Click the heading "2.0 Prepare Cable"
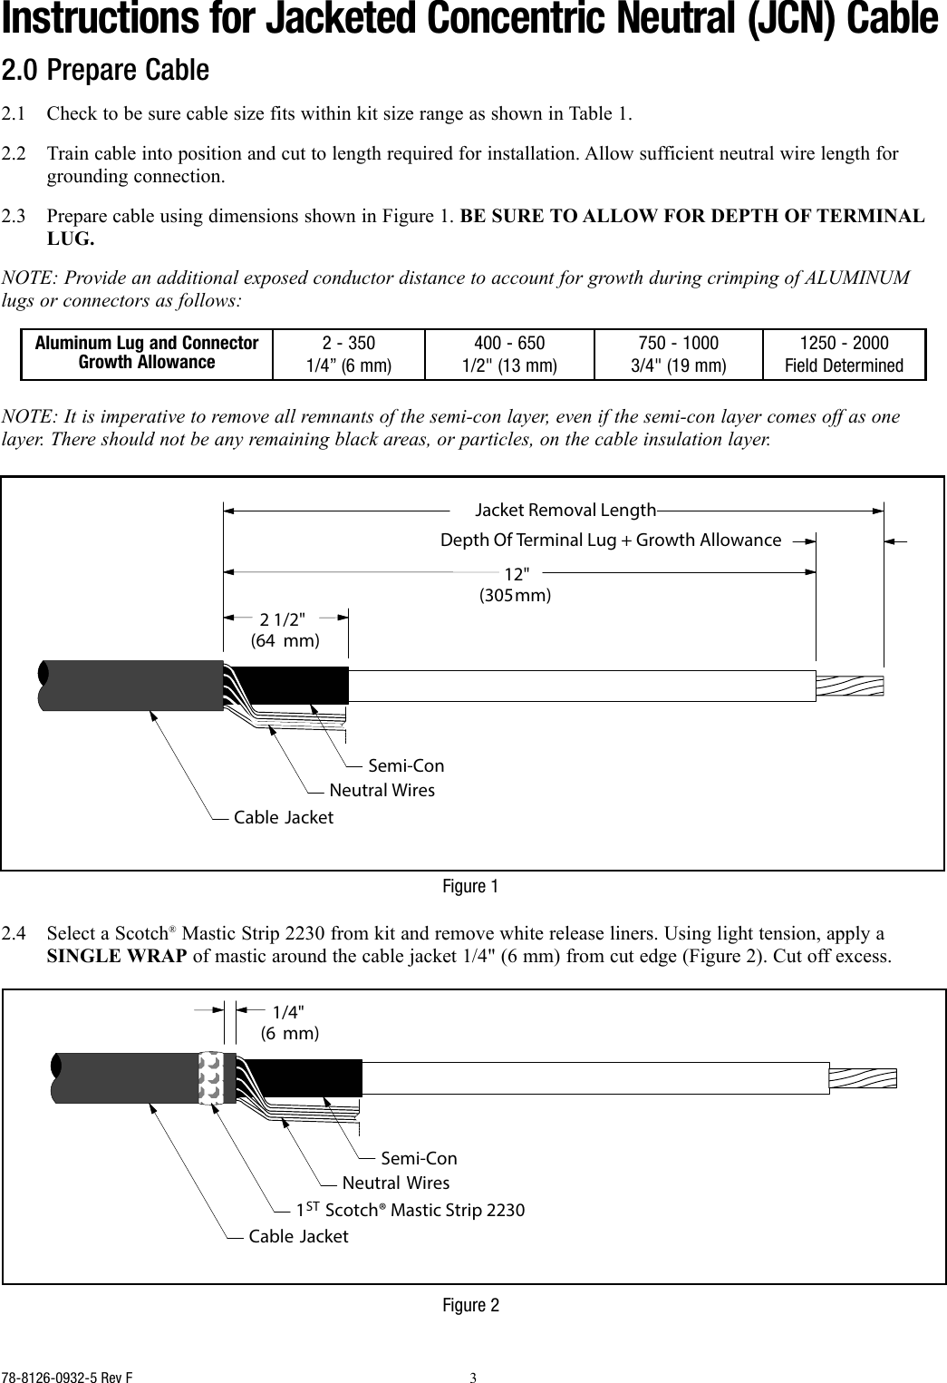[105, 70]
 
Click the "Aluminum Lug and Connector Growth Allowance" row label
[147, 354]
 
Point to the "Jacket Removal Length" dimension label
[565, 510]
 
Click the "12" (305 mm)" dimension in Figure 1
[515, 584]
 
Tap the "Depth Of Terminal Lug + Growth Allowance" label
[610, 541]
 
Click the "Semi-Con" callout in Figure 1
[406, 766]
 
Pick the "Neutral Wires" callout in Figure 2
[395, 1183]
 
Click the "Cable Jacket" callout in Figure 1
[283, 817]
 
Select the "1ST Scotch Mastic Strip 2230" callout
[411, 1210]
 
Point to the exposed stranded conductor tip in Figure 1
[849, 687]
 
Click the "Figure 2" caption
[469, 1305]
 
